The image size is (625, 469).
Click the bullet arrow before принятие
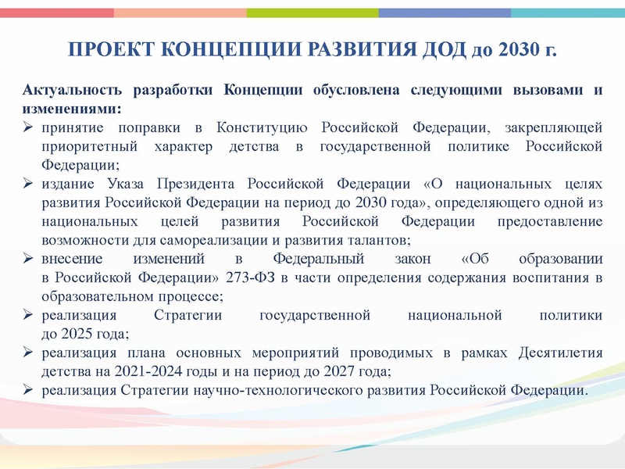[x=27, y=127]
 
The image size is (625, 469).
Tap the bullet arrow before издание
[x=27, y=184]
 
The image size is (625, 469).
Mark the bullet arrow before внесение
[x=27, y=260]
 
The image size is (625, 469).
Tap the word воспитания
[x=553, y=278]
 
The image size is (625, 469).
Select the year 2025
[x=77, y=335]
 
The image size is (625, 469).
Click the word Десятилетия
[x=560, y=353]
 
